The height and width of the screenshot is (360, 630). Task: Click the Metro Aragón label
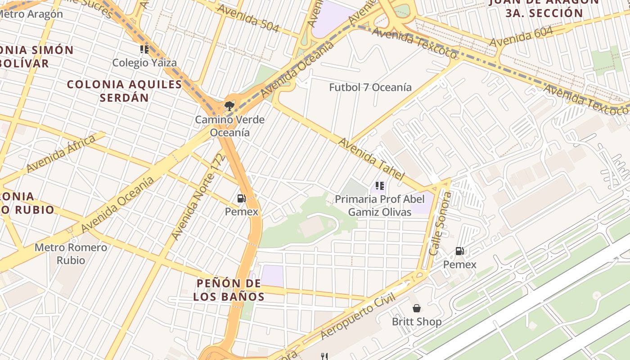point(31,14)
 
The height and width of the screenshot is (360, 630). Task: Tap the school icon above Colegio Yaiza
point(144,49)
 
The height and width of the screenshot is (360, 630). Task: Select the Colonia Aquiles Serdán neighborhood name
point(124,90)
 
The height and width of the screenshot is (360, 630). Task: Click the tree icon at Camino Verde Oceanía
point(229,106)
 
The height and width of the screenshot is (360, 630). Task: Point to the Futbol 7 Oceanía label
point(370,87)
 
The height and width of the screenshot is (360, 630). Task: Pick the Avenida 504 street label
point(247,18)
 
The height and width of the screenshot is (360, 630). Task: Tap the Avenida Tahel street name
point(371,158)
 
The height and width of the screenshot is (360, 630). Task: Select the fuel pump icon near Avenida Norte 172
point(241,198)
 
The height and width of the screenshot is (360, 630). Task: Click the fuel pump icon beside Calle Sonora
point(459,251)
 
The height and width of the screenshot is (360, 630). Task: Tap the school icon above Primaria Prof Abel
point(379,185)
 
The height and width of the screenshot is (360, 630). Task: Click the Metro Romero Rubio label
point(71,254)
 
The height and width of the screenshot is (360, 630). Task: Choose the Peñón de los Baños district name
point(229,290)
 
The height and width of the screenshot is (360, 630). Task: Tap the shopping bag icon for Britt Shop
point(417,308)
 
